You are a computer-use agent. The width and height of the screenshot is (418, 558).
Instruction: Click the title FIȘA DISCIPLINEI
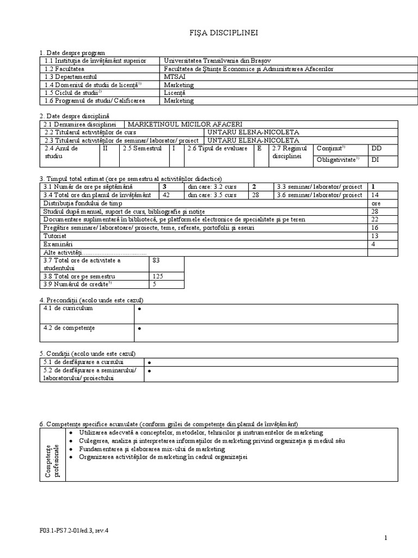pyautogui.click(x=220, y=33)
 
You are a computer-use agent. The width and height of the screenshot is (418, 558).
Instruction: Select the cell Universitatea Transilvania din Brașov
pyautogui.click(x=217, y=61)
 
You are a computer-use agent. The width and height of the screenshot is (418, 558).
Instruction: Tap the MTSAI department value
pyautogui.click(x=174, y=77)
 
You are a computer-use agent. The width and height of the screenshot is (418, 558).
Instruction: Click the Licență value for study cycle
pyautogui.click(x=175, y=93)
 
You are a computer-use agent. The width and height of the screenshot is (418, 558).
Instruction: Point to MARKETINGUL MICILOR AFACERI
pyautogui.click(x=185, y=124)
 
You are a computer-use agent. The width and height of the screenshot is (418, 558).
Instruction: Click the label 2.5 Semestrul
pyautogui.click(x=142, y=148)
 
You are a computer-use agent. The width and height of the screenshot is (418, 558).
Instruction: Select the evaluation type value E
pyautogui.click(x=259, y=148)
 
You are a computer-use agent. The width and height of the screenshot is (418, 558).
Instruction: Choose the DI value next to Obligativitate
pyautogui.click(x=375, y=160)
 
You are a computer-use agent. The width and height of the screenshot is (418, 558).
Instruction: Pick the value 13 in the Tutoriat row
pyautogui.click(x=374, y=236)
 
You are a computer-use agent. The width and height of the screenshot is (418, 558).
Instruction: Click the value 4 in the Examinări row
pyautogui.click(x=373, y=244)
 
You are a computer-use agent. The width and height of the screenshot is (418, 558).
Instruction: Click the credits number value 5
pyautogui.click(x=155, y=284)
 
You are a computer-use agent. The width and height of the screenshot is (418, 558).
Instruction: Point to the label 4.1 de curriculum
pyautogui.click(x=66, y=308)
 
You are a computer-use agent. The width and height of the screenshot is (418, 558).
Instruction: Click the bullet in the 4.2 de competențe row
pyautogui.click(x=140, y=329)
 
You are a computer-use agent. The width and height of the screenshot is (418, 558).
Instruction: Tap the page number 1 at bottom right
pyautogui.click(x=385, y=538)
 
